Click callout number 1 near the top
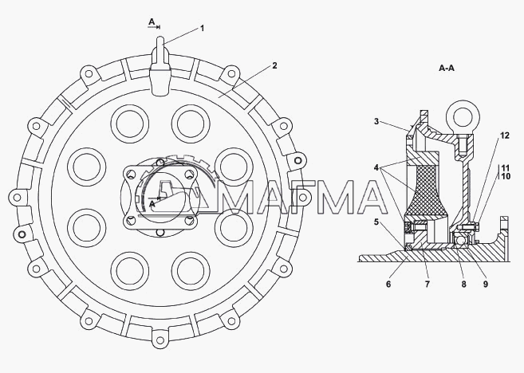pos(202,29)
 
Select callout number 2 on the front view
pos(274,65)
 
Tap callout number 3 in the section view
pos(376,121)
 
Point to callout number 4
pos(376,167)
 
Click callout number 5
pos(376,222)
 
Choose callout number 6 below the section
pos(388,285)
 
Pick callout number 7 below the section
pos(427,285)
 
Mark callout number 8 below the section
pos(464,285)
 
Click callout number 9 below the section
pos(486,285)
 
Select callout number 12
pos(505,135)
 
